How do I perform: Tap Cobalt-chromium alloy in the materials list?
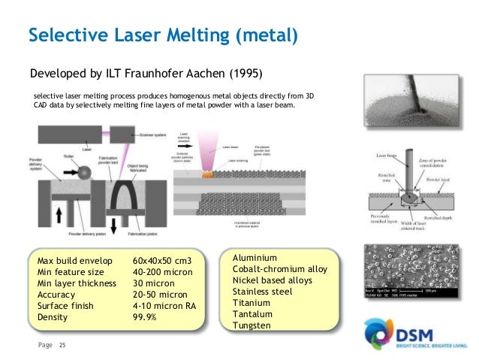279,268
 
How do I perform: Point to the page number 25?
62,346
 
